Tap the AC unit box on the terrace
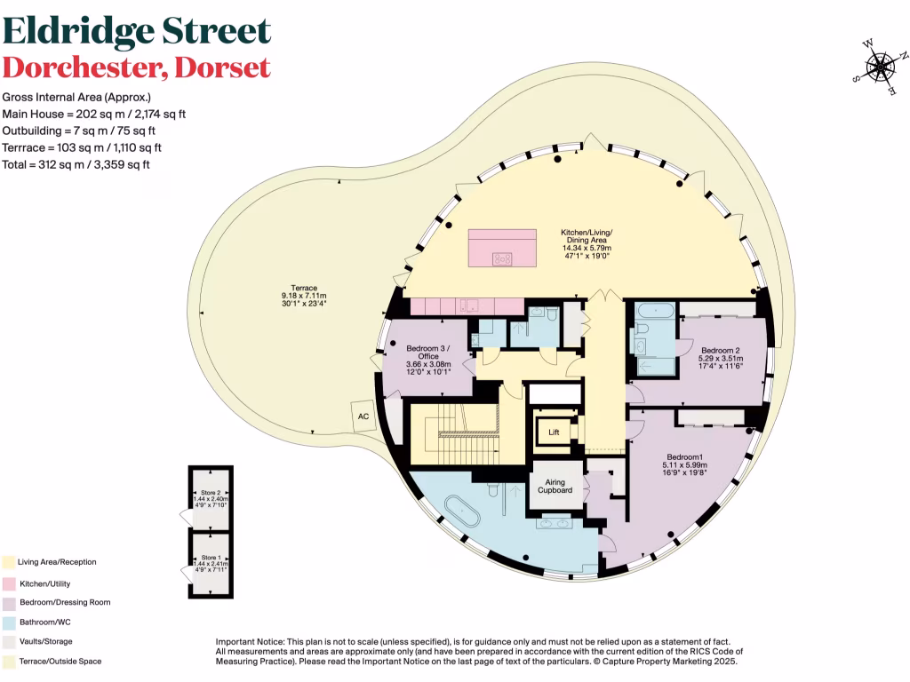(363, 416)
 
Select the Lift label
(555, 432)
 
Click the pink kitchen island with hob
(502, 247)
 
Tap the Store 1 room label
(210, 557)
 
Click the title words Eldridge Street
(136, 31)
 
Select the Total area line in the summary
(76, 164)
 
